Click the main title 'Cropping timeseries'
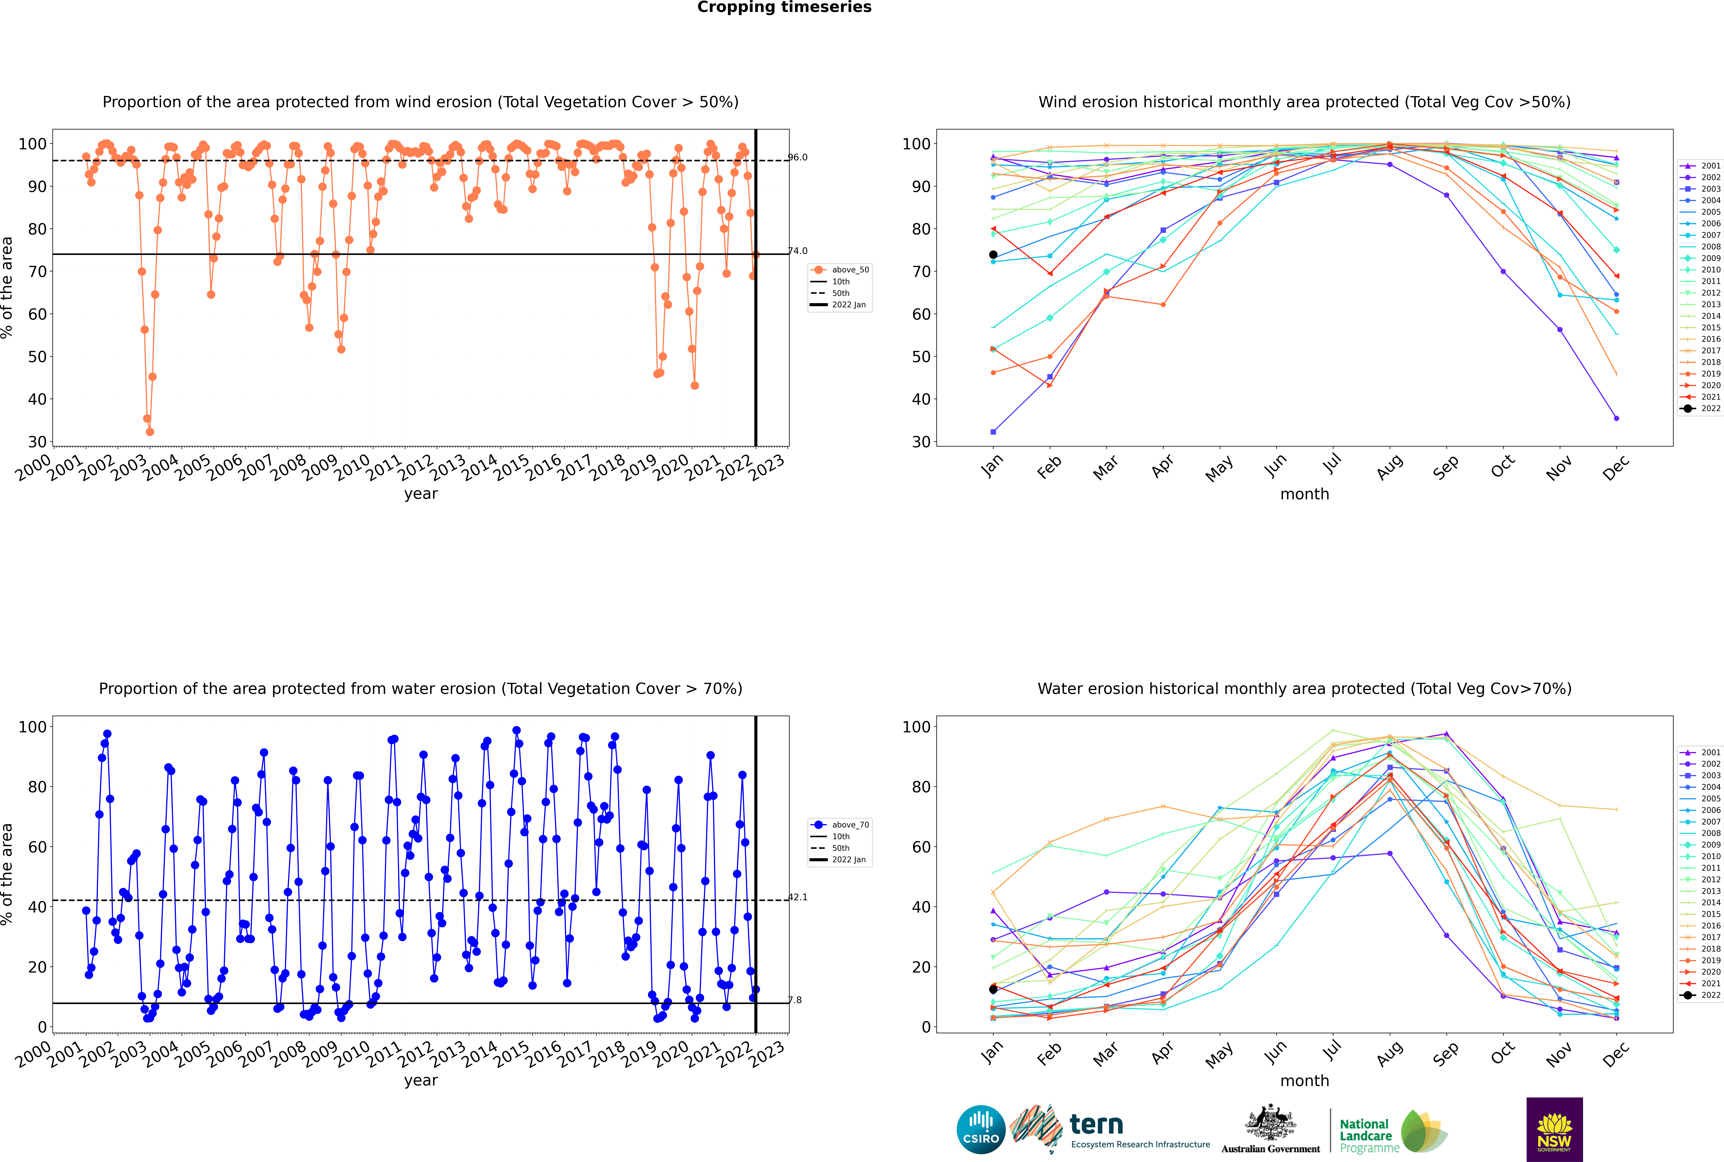(x=784, y=7)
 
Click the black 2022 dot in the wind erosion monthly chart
(x=993, y=255)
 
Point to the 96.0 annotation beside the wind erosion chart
(x=798, y=157)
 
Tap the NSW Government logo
(x=1554, y=1129)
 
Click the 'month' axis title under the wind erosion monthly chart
(x=1304, y=494)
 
